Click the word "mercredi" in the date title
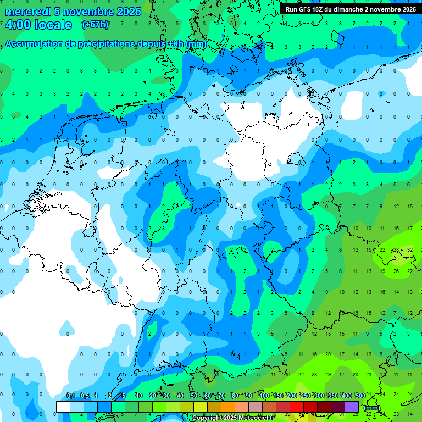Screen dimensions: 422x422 27,12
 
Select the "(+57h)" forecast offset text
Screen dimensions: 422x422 95,25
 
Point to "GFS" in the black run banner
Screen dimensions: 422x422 309,9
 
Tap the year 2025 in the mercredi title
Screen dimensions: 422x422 129,12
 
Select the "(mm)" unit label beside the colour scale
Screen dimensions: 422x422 372,407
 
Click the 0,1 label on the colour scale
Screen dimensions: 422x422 70,396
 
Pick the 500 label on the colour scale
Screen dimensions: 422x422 360,396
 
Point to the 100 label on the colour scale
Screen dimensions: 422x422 264,396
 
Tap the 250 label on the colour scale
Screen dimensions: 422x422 306,396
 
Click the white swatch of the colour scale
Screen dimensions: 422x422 63,407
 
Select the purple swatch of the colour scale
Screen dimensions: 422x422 352,407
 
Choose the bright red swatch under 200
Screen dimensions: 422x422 297,407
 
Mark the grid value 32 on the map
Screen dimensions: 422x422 410,249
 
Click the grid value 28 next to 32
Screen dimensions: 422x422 396,249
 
